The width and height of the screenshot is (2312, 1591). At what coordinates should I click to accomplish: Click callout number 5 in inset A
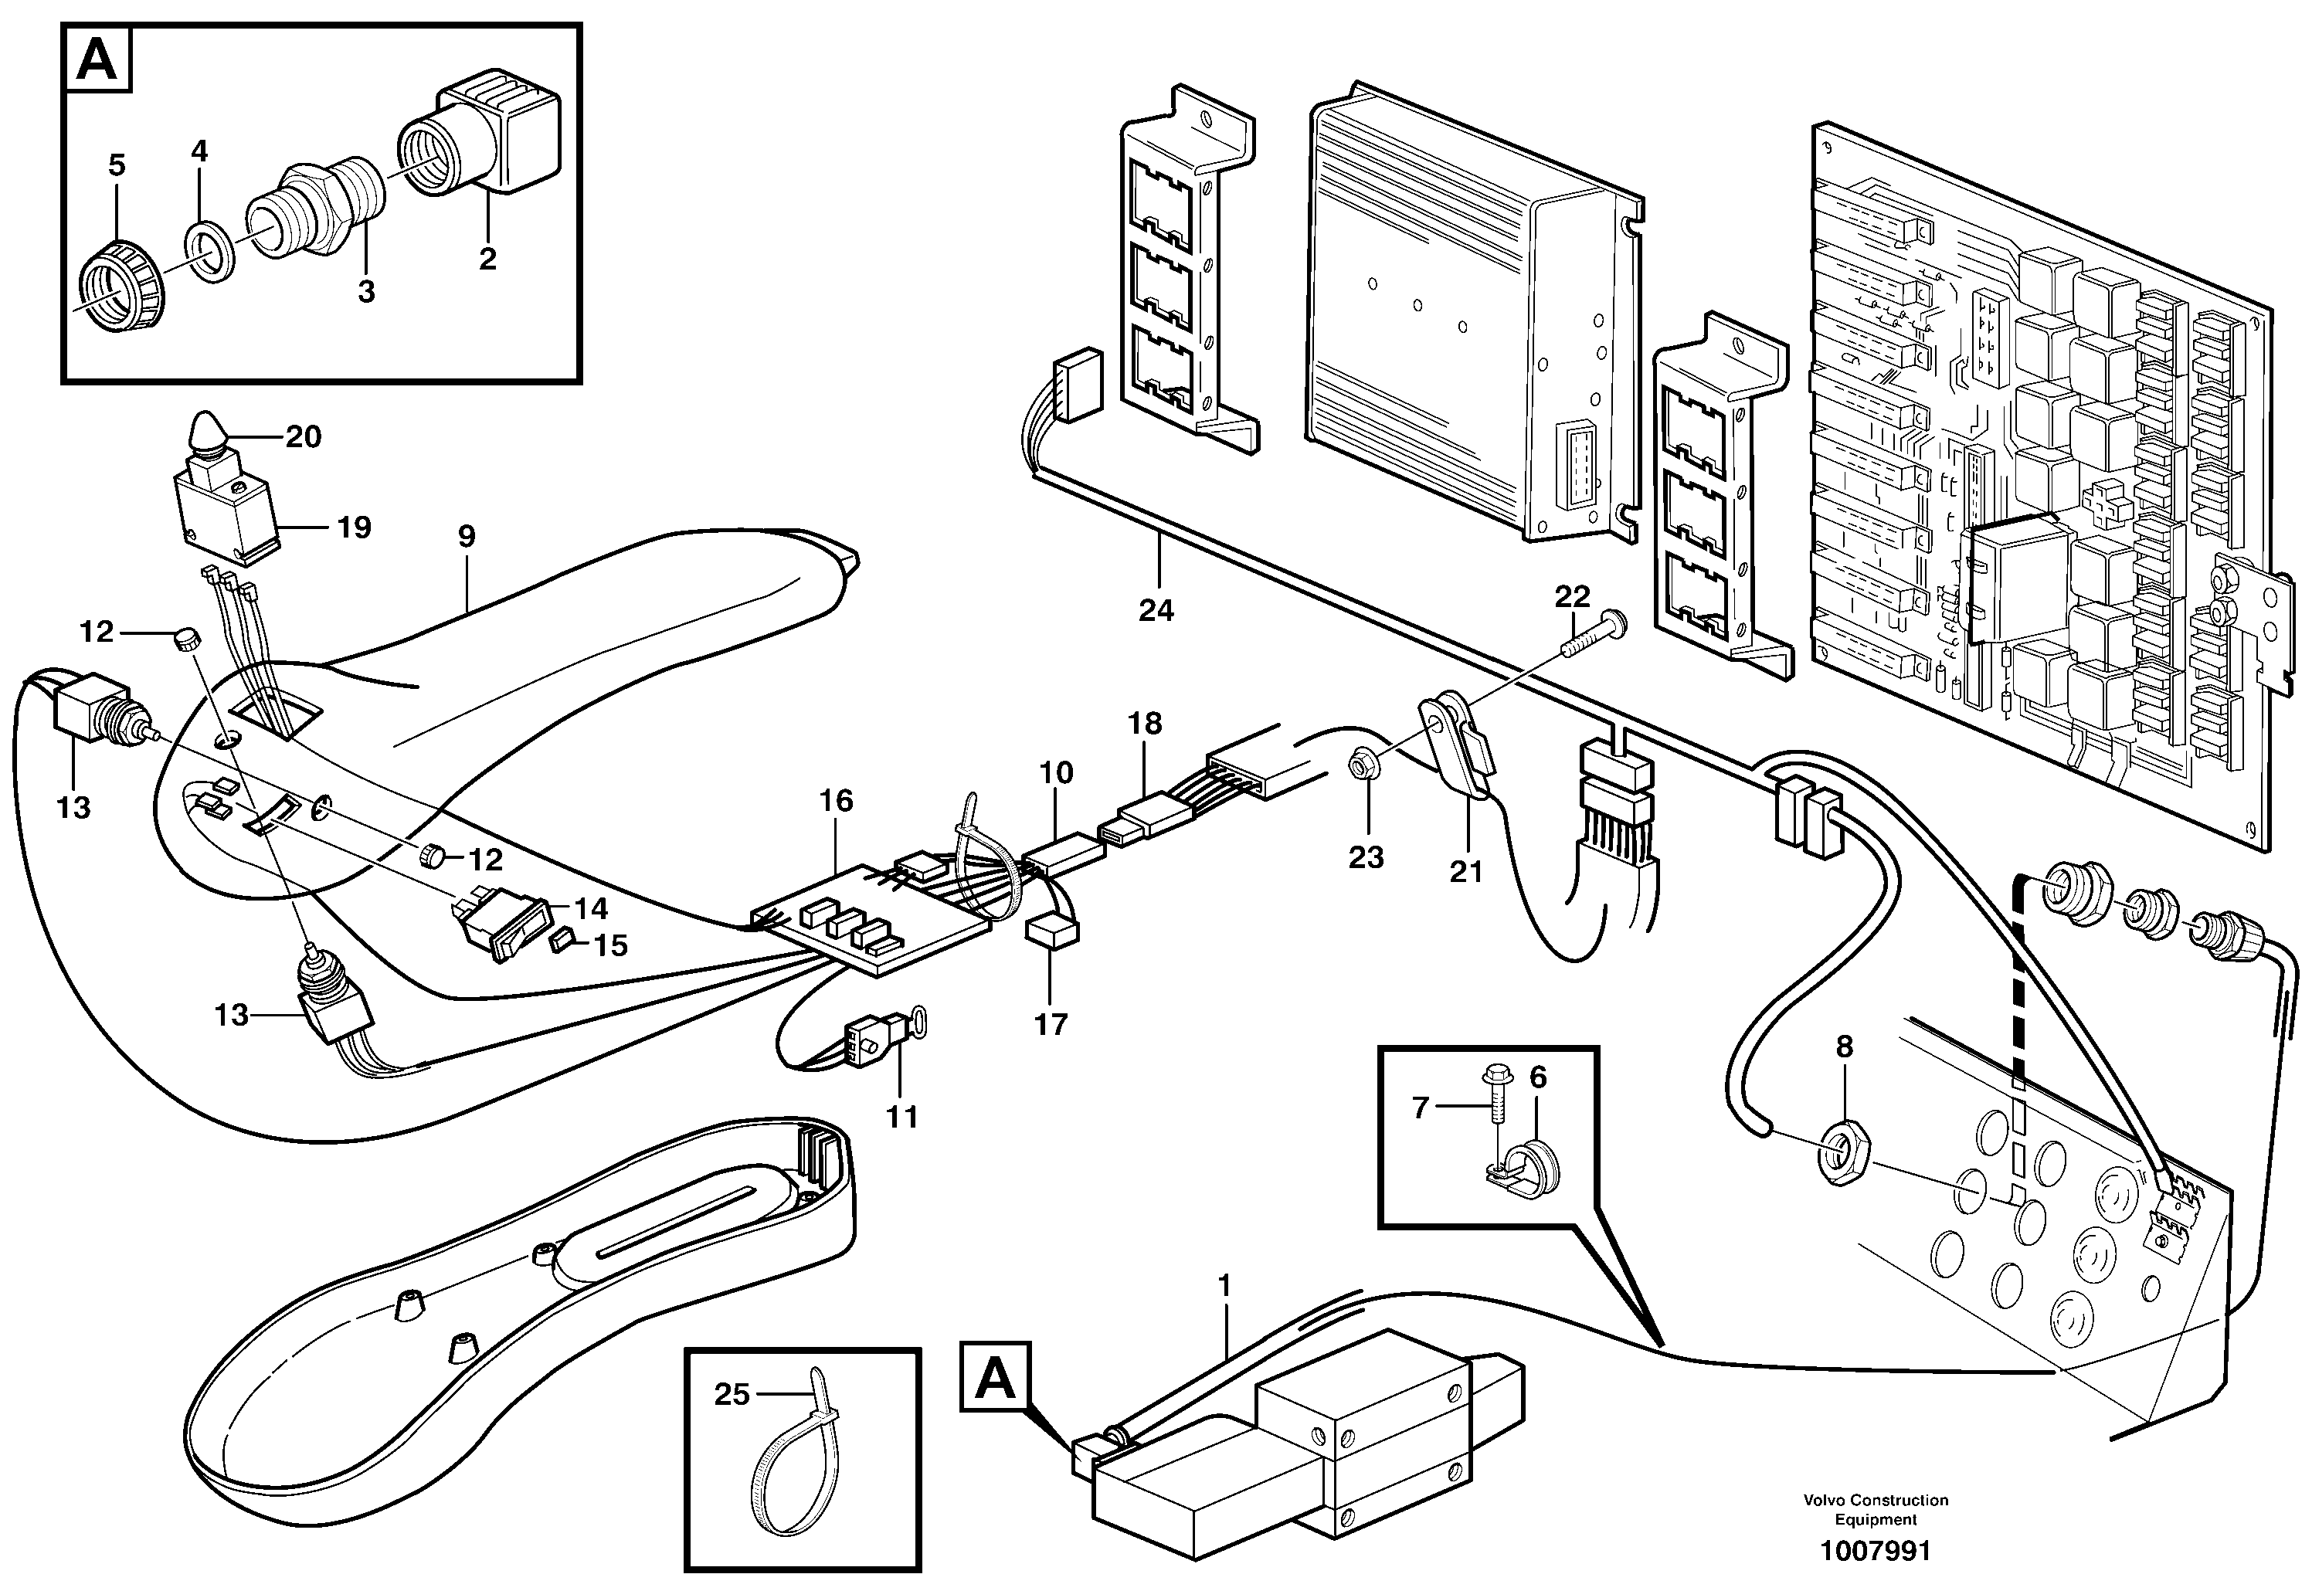click(117, 165)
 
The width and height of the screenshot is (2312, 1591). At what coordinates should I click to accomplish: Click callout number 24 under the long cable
click(1156, 610)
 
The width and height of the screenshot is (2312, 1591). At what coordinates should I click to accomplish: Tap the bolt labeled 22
click(1592, 642)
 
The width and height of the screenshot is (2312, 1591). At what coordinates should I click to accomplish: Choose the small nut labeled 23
click(1358, 795)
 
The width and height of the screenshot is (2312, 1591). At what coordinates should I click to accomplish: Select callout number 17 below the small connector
click(1051, 1024)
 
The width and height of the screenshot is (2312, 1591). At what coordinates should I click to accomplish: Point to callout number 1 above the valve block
click(1224, 1285)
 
